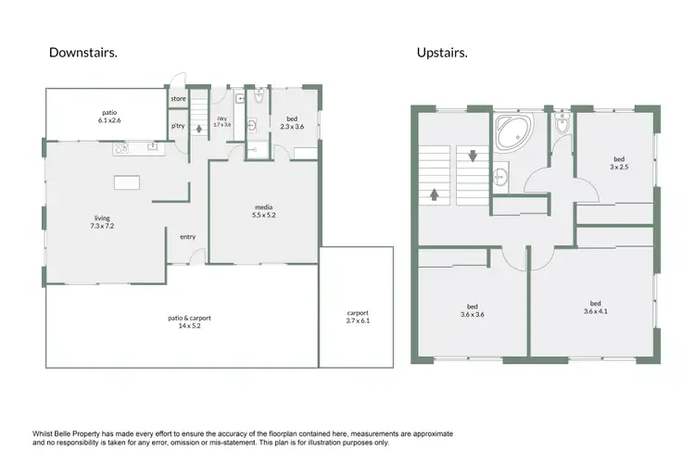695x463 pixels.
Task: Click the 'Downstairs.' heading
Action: [x=83, y=53]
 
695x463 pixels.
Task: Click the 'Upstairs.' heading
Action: [x=442, y=53]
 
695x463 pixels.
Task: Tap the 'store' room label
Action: [x=177, y=97]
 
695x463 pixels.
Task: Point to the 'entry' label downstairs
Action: [x=188, y=236]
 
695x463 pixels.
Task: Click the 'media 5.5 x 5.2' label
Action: [x=263, y=210]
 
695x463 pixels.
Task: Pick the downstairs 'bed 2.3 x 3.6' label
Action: [x=292, y=122]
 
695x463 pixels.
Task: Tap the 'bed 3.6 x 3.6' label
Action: [x=473, y=310]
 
